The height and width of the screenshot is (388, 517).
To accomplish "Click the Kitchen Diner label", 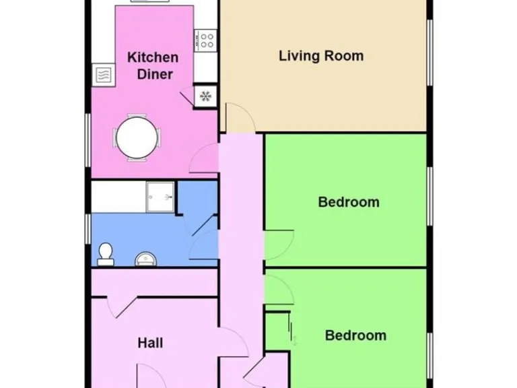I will point(153,65).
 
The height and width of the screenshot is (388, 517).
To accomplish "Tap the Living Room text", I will point(321,55).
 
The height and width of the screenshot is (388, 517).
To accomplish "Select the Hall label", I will point(150,343).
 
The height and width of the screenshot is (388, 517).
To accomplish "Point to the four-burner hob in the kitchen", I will point(206,40).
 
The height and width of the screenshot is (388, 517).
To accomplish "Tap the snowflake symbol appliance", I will point(205,96).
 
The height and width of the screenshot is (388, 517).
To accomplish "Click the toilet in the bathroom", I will point(105,253).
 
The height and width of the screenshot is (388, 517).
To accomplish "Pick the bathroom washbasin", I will point(144,259).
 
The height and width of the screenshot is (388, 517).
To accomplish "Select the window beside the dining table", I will point(88,139).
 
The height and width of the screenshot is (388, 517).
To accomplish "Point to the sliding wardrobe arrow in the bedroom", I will point(293,331).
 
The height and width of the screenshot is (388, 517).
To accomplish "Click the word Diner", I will point(155,74).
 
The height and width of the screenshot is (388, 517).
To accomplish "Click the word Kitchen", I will point(153,57).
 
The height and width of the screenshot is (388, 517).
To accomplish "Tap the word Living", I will point(300,55).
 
